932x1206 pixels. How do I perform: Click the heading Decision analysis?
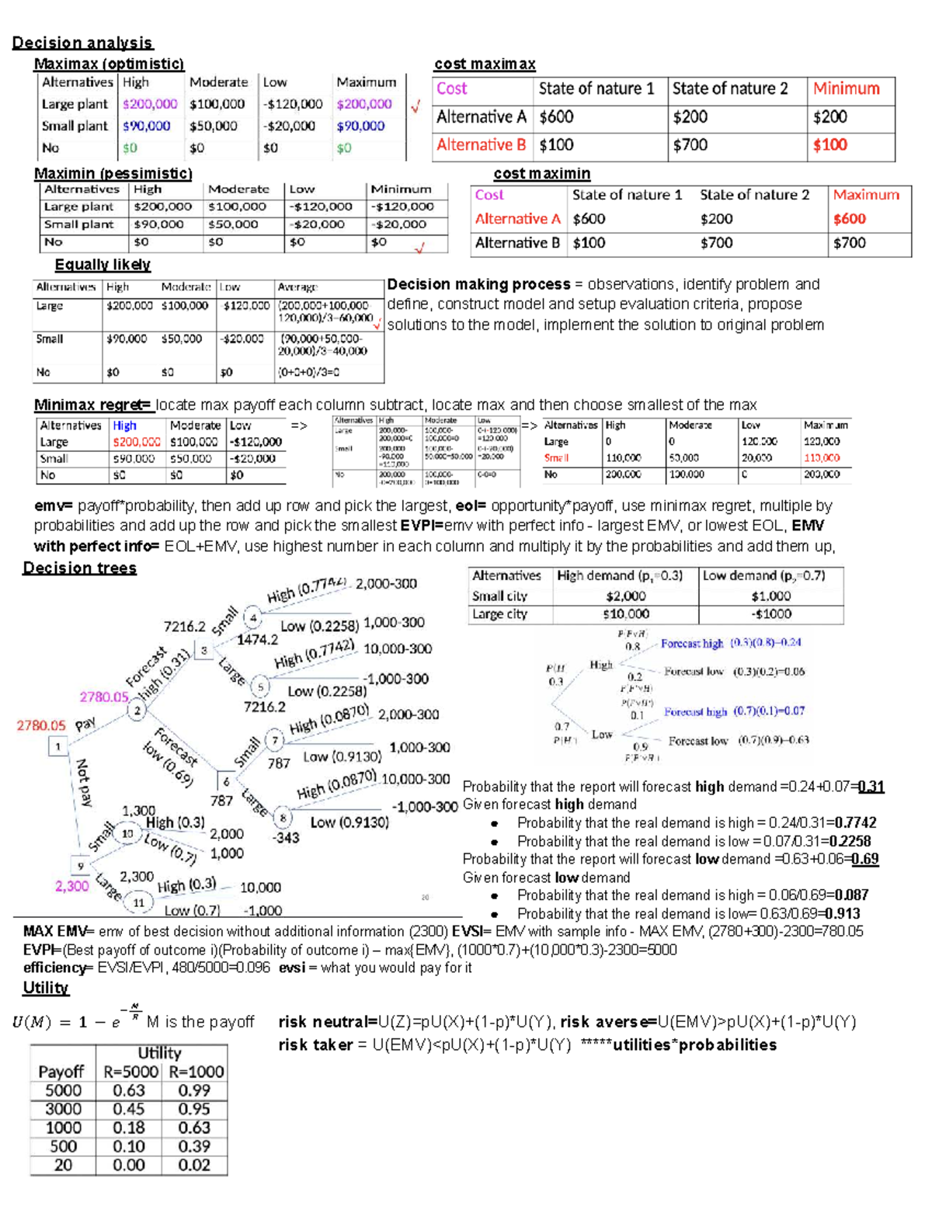coord(82,43)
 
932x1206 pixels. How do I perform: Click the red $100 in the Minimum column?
coord(829,145)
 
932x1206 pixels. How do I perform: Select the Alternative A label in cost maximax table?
coord(481,117)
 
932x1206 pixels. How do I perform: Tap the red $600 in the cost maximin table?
coord(849,219)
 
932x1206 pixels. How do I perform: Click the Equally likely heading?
coord(103,265)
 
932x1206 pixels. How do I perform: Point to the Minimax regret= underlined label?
coord(92,405)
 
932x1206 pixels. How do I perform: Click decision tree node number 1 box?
coord(58,746)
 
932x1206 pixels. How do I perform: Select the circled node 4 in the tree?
coord(252,618)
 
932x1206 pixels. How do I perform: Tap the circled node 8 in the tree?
coord(283,817)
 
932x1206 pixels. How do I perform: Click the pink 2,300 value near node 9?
coord(71,885)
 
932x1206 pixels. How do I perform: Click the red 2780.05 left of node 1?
coord(41,725)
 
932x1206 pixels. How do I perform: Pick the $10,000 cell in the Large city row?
coord(625,614)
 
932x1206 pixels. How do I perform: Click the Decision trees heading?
coord(79,568)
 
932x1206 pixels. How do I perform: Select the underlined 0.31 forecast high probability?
coord(871,787)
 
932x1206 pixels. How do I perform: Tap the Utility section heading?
coord(46,988)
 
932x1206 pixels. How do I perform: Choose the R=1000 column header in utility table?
coord(196,1072)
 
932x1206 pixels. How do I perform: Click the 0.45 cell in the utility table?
coord(128,1109)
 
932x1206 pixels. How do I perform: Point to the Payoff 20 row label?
coord(63,1165)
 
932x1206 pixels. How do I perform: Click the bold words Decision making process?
coord(478,284)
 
